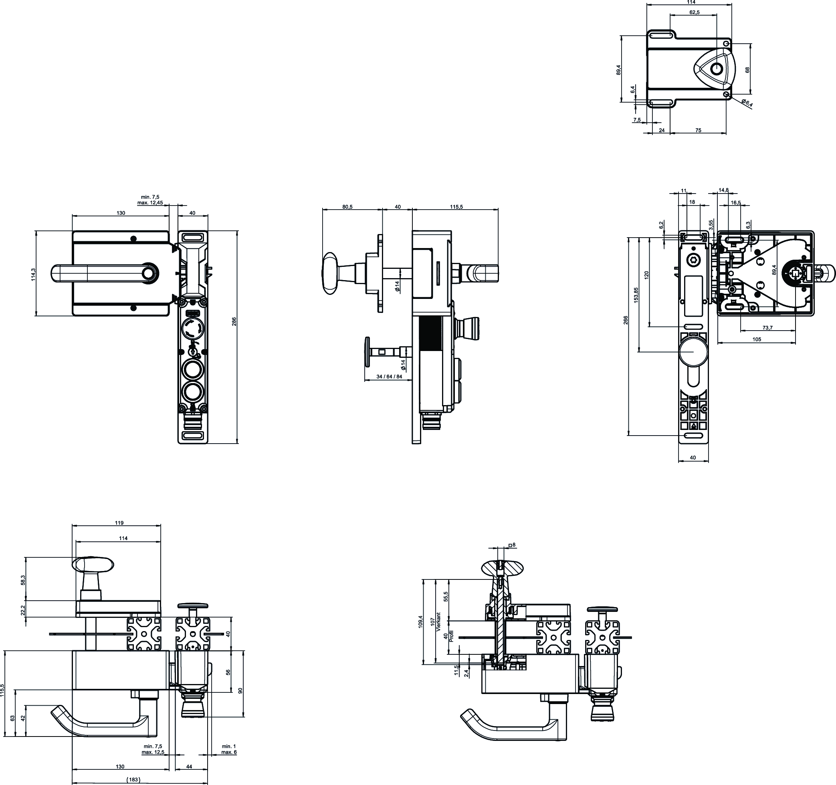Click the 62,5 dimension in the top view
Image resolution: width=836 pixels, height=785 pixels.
694,12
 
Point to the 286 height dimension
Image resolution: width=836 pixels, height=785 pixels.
234,321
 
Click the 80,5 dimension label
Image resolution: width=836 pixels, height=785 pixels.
347,207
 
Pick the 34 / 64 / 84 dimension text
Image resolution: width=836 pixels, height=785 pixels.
389,376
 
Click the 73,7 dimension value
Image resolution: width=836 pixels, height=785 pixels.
768,328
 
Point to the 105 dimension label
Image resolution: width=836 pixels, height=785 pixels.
757,339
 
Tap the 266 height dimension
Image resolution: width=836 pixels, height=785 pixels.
626,321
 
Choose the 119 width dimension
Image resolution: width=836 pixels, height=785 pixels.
119,523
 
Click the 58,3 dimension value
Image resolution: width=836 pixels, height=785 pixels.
23,580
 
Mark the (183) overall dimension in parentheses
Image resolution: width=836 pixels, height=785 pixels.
133,780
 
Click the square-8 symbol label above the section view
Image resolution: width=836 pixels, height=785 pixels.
512,545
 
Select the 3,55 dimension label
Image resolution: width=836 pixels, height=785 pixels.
711,224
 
